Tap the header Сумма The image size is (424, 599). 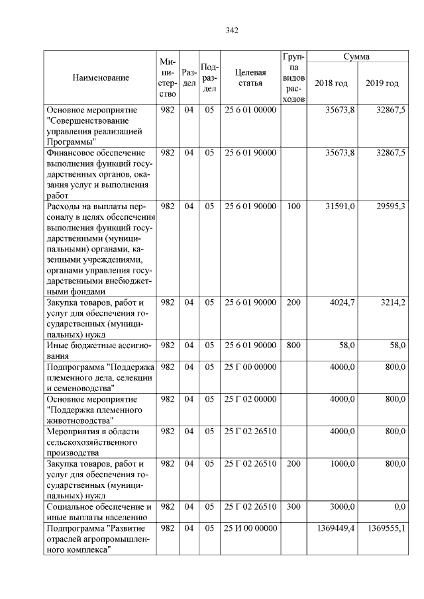tap(356, 57)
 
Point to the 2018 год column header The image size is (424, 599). tap(331, 83)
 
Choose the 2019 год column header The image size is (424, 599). tap(382, 83)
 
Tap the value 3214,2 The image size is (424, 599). tap(392, 302)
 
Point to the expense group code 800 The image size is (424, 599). tap(293, 345)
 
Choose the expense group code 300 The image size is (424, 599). tap(293, 506)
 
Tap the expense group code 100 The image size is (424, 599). tap(293, 207)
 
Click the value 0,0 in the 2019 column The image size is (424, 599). tap(399, 506)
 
